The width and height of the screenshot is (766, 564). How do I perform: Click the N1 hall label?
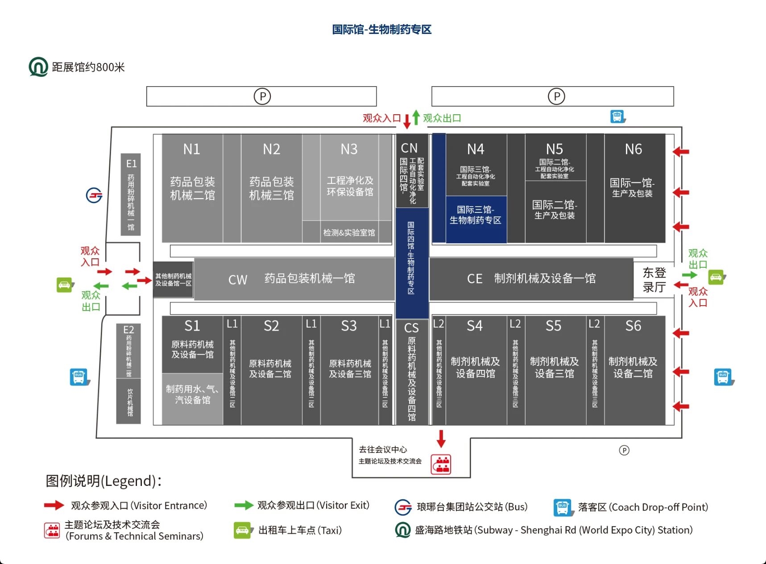click(192, 149)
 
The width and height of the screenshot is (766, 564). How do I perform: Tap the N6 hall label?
click(634, 149)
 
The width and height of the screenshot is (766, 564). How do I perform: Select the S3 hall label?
click(349, 326)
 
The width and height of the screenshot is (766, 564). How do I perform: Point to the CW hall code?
click(238, 280)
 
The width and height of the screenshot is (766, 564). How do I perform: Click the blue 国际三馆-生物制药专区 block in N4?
click(476, 215)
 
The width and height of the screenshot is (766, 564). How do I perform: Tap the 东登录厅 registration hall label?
click(654, 280)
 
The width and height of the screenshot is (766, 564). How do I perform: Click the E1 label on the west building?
click(131, 164)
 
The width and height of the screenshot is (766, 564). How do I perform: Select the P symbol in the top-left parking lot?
click(262, 96)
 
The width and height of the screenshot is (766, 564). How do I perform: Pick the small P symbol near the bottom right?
click(624, 450)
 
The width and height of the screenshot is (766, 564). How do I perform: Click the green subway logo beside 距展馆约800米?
click(38, 67)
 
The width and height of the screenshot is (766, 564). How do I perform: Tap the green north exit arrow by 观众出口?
click(416, 117)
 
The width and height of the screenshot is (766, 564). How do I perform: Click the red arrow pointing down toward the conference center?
click(441, 439)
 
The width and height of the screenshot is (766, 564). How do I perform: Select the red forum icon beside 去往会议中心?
click(441, 464)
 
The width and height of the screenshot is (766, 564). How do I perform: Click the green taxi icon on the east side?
click(716, 277)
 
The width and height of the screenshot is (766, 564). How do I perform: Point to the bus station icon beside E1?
click(94, 195)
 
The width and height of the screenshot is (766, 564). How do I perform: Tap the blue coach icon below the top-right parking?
click(618, 117)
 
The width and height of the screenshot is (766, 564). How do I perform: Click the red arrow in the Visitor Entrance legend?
click(54, 505)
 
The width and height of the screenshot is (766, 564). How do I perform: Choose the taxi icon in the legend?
click(242, 530)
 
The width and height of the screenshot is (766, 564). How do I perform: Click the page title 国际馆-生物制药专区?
click(382, 29)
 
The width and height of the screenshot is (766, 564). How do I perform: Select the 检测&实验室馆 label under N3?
click(349, 232)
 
